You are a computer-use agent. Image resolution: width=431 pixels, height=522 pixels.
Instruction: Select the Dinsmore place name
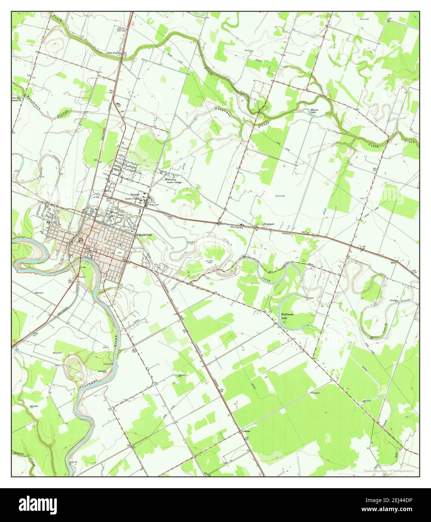tap(269, 224)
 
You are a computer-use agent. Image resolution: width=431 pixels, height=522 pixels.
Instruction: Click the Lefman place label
tap(246, 431)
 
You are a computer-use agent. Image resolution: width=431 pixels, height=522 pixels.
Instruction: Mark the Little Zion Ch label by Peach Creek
tap(115, 53)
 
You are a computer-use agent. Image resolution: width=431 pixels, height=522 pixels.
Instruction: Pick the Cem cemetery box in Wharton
tap(120, 253)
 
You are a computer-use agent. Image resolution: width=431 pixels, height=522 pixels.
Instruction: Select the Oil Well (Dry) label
tap(209, 261)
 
